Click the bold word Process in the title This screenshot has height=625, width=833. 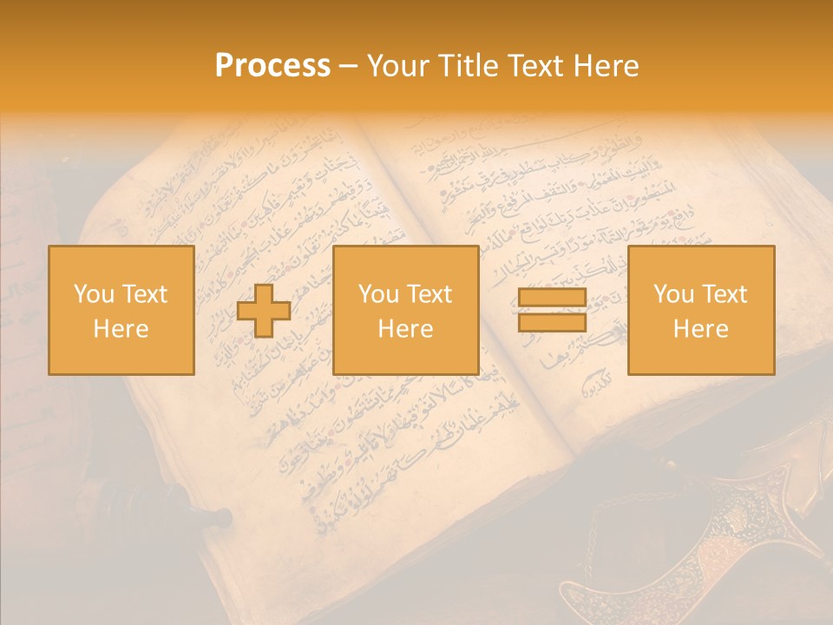coord(272,66)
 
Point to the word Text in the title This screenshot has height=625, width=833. coord(537,66)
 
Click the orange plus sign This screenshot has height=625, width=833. coord(264,311)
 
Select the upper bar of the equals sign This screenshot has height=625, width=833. coord(552,298)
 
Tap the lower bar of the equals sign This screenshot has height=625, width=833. coord(552,322)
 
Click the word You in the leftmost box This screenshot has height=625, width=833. coord(93,294)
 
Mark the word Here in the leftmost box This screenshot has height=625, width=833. coord(121,329)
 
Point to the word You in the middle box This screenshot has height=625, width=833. coord(377,294)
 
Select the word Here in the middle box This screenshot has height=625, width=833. coord(405,329)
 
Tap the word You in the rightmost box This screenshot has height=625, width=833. coord(672,294)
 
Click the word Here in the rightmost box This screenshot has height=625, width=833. coord(700,329)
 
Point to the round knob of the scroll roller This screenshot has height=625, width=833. coord(224,519)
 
